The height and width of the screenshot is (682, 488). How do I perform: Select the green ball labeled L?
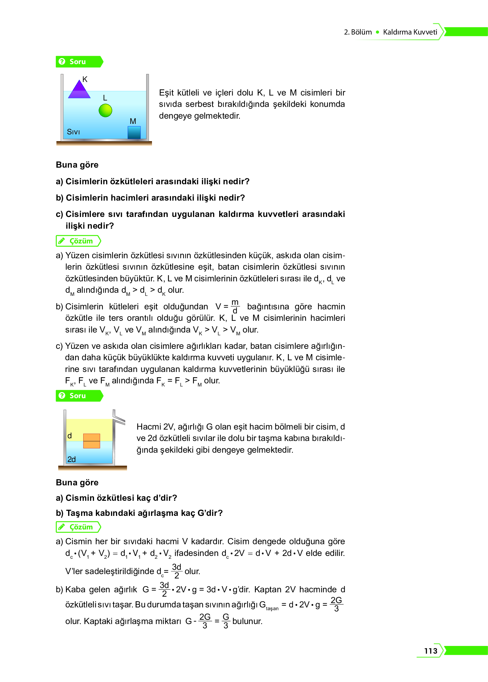pos(105,110)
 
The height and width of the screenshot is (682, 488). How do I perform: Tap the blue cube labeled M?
pos(134,132)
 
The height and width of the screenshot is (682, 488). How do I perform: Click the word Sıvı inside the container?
pos(73,132)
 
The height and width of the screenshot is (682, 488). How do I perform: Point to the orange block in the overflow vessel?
pos(92,441)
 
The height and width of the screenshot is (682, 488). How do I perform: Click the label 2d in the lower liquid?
pos(72,459)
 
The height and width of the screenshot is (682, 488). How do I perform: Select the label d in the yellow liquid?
pos(70,435)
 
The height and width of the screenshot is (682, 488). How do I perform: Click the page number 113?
pos(431,651)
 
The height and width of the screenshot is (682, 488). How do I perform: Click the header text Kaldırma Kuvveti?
pos(410,32)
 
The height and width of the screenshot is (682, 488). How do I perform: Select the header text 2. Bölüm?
pos(358,32)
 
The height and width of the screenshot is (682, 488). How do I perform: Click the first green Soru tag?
pos(79,62)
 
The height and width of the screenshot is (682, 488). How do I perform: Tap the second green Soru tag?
pos(79,396)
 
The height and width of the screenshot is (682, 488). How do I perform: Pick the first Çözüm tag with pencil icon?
pos(78,241)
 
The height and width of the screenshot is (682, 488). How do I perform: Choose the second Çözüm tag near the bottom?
pos(78,527)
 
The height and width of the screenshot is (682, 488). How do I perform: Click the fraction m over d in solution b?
pos(235,306)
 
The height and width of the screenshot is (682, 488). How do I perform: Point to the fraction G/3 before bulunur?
pos(226,621)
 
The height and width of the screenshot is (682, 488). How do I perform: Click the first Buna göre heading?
pos(77,165)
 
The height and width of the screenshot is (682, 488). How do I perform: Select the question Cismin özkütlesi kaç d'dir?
pos(117,498)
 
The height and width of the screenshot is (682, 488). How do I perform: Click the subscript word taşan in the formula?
pos(272,608)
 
